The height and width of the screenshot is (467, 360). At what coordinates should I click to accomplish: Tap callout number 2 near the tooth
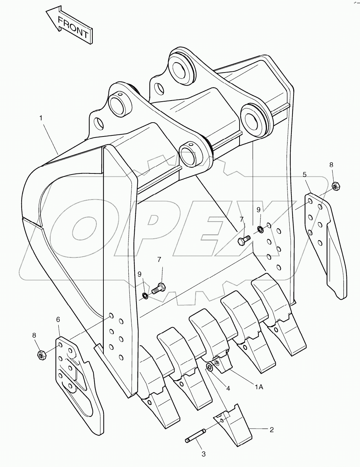(x=272, y=430)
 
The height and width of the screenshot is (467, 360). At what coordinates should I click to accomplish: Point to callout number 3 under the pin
(x=204, y=454)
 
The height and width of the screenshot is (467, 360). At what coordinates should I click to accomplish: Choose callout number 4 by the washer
(x=228, y=388)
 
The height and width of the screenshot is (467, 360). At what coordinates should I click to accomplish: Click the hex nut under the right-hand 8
(x=335, y=186)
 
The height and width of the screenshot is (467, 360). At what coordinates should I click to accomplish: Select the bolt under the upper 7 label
(x=242, y=241)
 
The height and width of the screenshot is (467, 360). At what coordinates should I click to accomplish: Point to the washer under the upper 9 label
(x=260, y=229)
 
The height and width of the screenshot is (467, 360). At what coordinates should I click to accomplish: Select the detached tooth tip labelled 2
(x=234, y=424)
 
